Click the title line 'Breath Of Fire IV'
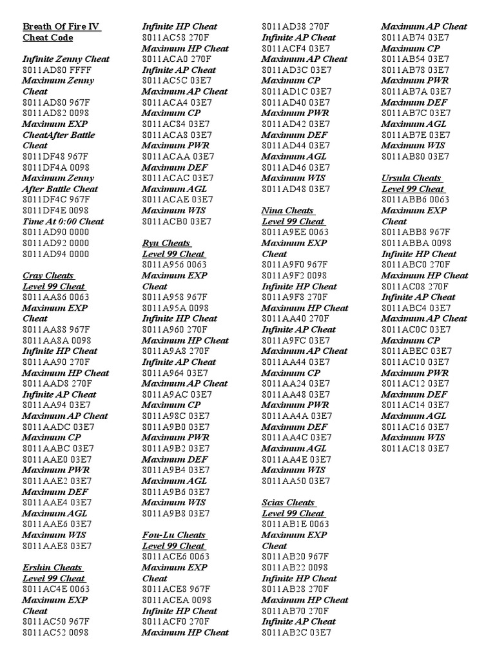(62, 26)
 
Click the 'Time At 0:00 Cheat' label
(63, 221)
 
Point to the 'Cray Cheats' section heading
(49, 275)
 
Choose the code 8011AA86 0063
(56, 297)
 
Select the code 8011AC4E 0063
(56, 588)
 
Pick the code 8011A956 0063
(175, 264)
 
